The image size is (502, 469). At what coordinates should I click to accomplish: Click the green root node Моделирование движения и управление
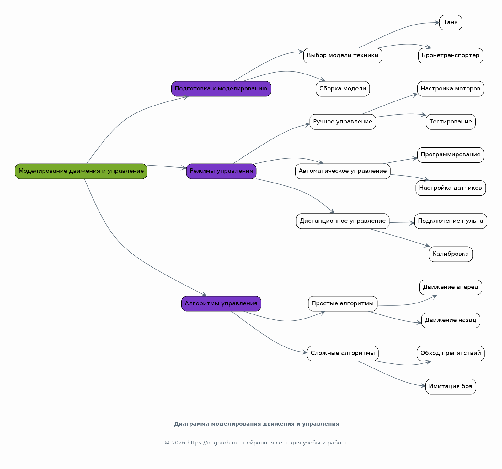81,171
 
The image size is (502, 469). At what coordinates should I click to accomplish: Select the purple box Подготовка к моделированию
221,89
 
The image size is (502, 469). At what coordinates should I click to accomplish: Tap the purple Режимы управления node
221,171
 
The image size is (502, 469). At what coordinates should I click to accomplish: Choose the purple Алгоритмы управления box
221,303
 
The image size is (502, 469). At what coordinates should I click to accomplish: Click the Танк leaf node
451,22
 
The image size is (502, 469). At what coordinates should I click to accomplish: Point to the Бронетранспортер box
451,56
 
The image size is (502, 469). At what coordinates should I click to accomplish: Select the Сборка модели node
343,89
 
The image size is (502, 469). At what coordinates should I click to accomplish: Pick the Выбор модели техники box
343,56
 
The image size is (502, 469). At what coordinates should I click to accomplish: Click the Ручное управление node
343,122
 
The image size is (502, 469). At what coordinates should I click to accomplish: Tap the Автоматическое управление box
343,171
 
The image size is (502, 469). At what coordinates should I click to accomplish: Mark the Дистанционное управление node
343,221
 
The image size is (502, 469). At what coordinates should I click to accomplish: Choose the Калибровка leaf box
451,254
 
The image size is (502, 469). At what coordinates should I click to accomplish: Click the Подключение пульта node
451,221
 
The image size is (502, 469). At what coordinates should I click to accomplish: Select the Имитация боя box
451,386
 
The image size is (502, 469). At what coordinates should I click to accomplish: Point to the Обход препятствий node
451,353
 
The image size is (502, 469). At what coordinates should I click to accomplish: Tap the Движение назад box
451,320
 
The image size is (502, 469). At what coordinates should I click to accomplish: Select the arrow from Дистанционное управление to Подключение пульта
402,223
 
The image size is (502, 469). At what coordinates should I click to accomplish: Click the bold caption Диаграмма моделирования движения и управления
257,424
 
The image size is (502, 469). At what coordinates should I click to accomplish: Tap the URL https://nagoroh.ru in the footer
212,443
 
